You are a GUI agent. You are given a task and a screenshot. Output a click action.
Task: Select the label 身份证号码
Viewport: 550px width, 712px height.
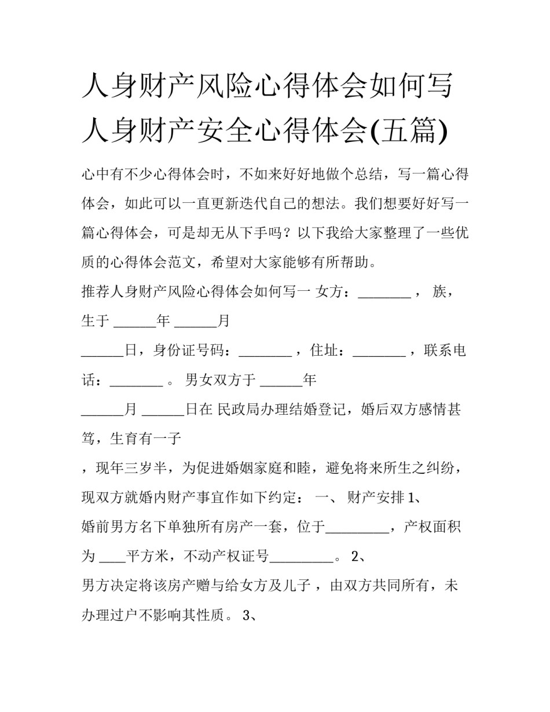189,351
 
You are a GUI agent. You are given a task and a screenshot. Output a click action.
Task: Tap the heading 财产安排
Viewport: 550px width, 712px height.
375,498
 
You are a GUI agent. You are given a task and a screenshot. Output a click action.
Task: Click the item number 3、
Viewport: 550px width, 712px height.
250,616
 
